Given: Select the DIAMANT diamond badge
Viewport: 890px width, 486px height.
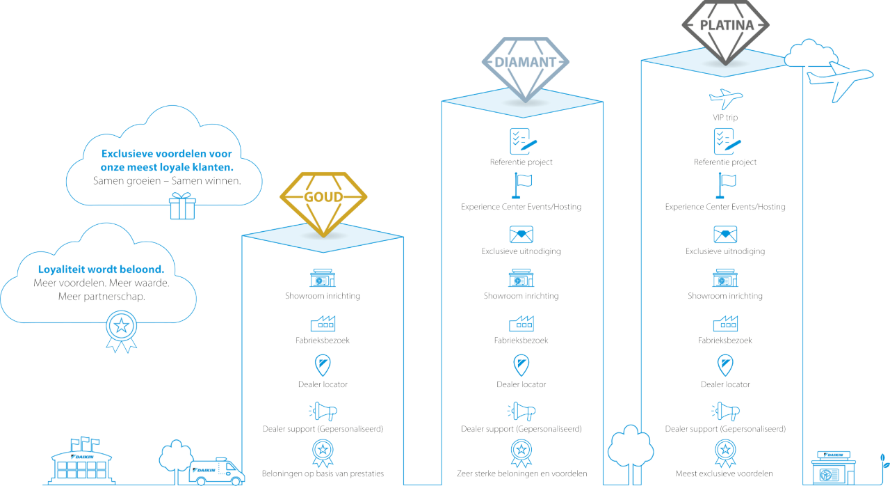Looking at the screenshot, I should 525,66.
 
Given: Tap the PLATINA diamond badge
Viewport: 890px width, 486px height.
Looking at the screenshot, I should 726,29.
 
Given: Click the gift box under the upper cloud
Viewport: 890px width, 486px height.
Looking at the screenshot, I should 182,207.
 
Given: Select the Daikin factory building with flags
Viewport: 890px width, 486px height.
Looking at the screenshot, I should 82,461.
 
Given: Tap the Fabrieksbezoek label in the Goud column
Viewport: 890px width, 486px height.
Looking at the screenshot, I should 322,340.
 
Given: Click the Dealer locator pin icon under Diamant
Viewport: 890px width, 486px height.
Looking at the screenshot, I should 521,365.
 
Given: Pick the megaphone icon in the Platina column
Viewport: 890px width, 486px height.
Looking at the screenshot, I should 725,410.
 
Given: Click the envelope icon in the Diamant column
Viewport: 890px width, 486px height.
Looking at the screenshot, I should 521,234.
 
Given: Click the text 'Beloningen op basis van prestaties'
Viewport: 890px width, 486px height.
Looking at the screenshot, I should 322,473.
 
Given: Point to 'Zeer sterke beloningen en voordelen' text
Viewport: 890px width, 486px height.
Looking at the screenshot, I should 521,473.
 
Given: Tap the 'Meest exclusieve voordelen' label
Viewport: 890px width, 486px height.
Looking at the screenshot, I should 725,473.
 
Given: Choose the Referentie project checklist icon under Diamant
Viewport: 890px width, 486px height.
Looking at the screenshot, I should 521,141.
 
